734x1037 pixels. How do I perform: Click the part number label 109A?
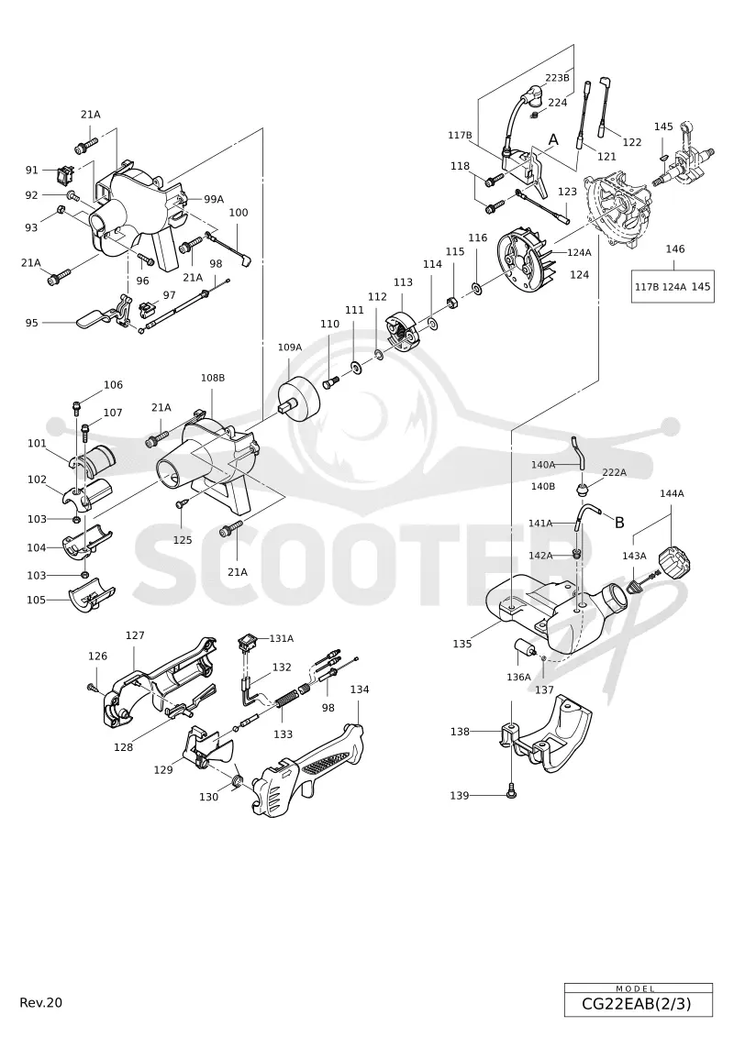(x=290, y=347)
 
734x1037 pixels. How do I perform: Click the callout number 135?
(x=462, y=644)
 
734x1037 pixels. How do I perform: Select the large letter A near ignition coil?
(x=553, y=139)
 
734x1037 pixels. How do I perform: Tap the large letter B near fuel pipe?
(x=619, y=523)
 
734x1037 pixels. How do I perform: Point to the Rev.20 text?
(x=41, y=1002)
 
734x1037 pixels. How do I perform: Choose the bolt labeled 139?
(x=511, y=790)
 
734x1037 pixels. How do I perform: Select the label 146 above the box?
(x=675, y=249)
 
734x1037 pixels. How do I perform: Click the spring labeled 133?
(x=286, y=699)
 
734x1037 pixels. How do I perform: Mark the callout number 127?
(x=135, y=635)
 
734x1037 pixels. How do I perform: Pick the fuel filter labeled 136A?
(x=525, y=646)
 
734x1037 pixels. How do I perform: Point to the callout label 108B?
(x=213, y=378)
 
